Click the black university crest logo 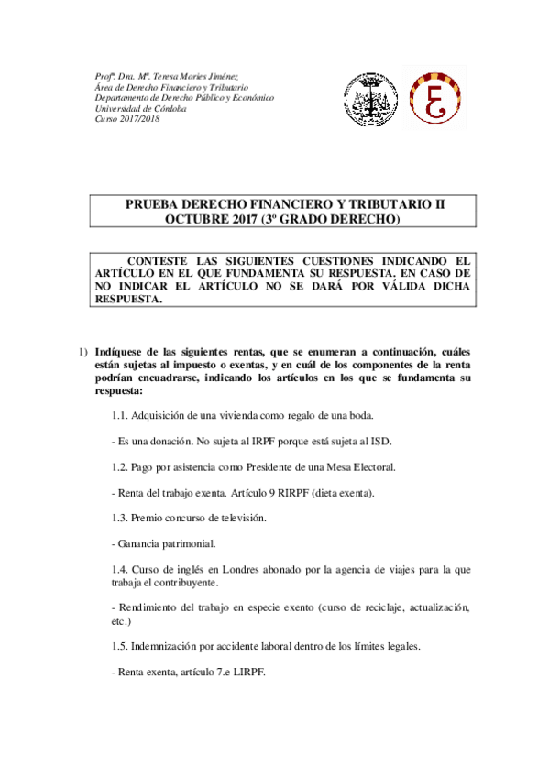click(370, 98)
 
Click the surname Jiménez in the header click(217, 76)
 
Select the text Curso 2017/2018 click(127, 119)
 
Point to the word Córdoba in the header click(166, 108)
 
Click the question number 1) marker click(82, 351)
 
